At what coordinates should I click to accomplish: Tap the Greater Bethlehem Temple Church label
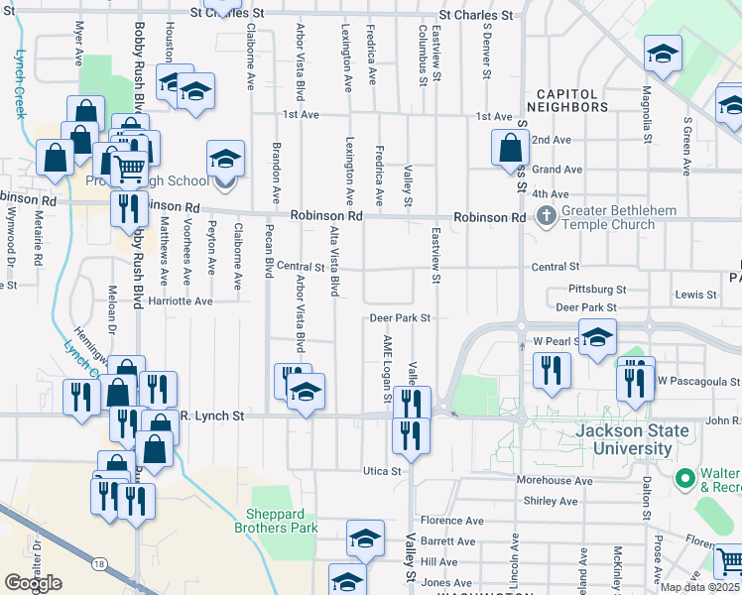pos(645,218)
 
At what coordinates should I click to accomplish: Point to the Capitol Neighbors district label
pos(572,99)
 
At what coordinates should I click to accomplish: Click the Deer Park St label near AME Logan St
pos(399,318)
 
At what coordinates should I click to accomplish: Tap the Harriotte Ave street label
pos(180,300)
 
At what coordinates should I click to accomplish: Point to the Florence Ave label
pos(451,521)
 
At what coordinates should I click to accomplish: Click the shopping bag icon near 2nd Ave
pos(510,149)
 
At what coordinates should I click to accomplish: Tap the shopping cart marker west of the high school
pos(128,170)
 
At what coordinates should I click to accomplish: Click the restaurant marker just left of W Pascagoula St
pos(634,382)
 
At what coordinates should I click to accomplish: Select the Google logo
pos(33,583)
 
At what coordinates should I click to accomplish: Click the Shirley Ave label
pos(550,502)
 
